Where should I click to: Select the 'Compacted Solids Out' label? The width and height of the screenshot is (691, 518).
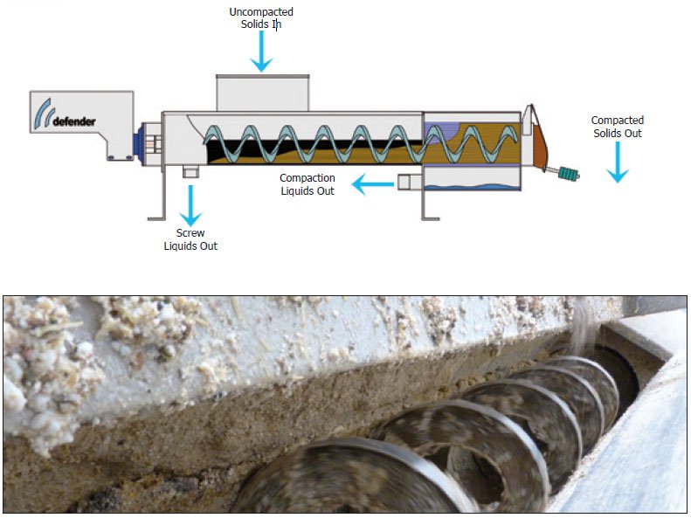point(617,127)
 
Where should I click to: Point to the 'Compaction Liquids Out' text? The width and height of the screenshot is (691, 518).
point(307,184)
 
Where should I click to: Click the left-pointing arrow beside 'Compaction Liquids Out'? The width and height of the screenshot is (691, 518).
point(371,183)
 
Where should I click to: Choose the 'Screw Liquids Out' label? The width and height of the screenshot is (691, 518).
point(190,239)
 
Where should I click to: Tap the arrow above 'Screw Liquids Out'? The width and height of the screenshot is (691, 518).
point(190,204)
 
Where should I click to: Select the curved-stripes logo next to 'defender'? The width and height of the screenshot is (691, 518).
point(42,113)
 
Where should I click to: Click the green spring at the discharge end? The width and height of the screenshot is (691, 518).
point(569,174)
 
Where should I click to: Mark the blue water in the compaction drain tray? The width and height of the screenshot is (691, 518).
point(472,186)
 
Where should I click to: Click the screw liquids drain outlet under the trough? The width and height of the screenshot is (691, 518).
point(190,171)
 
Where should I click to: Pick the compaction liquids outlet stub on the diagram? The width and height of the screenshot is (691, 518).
point(407,182)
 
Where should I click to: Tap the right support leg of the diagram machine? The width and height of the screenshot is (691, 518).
point(425,205)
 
